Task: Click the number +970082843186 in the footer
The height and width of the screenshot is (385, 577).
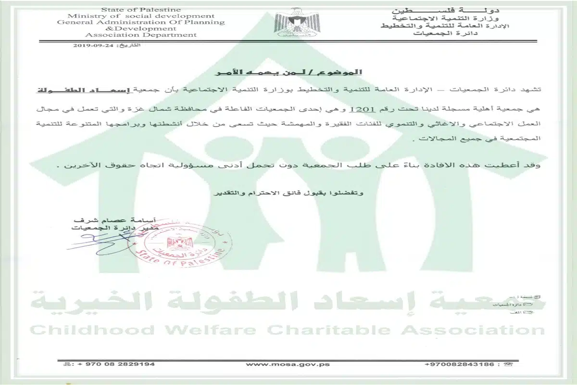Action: pyautogui.click(x=455, y=364)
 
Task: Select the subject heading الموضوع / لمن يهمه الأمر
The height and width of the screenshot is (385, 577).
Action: pyautogui.click(x=288, y=72)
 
